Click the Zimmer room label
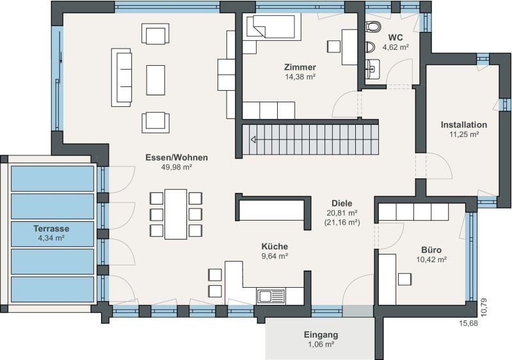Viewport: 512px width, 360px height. point(300,67)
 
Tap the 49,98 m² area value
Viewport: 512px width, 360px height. point(177,167)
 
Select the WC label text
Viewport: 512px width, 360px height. point(396,37)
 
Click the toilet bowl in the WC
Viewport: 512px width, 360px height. point(373,27)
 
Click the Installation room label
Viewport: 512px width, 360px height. point(463,125)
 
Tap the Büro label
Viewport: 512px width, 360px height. point(431,250)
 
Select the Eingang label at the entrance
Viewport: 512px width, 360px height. point(321,334)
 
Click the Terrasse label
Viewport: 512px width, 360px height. point(51,228)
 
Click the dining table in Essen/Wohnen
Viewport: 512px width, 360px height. point(175,214)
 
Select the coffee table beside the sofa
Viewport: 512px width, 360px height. point(156,80)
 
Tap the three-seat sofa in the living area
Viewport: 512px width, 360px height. point(122,77)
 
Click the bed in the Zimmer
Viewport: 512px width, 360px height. point(271,27)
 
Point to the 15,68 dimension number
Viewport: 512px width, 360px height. point(468,324)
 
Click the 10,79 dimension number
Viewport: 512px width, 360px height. point(484,307)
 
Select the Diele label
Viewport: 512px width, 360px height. point(342,203)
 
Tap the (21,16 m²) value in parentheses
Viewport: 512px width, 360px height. point(342,223)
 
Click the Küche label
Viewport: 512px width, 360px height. point(275,246)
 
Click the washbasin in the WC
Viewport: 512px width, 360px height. point(372,69)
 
